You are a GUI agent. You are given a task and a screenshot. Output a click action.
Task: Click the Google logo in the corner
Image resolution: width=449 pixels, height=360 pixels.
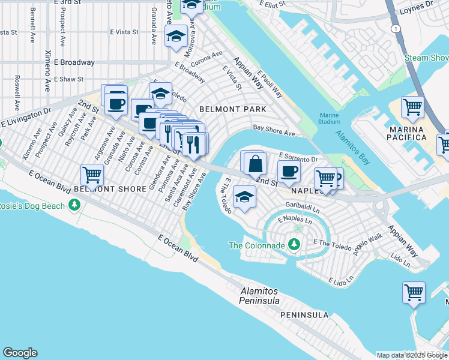(x=20, y=353)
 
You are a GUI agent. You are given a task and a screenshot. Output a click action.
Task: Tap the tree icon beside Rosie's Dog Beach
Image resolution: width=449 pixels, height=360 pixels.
(x=75, y=206)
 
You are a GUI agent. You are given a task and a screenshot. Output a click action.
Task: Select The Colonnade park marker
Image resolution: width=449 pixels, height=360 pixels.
(x=294, y=244)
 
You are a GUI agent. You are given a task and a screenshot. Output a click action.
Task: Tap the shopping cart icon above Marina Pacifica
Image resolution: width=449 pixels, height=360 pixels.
(x=412, y=107)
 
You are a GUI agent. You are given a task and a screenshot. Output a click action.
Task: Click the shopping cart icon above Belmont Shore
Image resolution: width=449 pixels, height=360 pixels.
(x=92, y=175)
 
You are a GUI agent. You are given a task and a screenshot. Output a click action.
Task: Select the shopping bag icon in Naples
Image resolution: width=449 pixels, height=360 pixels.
(x=255, y=162)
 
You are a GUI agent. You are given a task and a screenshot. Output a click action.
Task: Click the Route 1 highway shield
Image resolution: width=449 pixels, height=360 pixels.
(x=394, y=28)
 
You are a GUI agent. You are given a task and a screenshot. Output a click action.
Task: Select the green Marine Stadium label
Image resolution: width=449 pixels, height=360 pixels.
(x=329, y=118)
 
